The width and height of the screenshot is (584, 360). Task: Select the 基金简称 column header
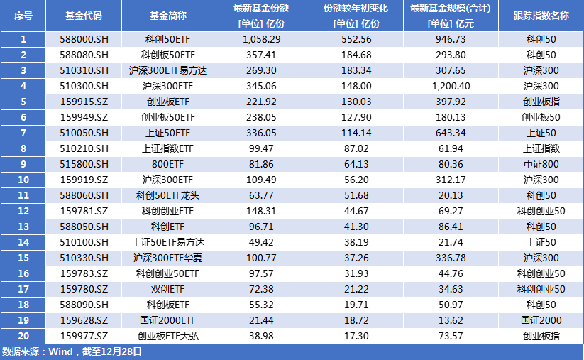[167, 15]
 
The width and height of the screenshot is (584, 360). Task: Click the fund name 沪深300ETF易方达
[167, 70]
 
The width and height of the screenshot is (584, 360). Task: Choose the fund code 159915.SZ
[83, 102]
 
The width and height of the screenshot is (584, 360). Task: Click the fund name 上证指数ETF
[167, 148]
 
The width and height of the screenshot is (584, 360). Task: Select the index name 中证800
[541, 164]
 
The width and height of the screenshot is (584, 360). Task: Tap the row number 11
[23, 195]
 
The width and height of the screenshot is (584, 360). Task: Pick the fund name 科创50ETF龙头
[167, 195]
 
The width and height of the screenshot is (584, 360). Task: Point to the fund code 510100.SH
[83, 242]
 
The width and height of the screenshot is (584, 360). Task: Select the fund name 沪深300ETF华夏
[167, 258]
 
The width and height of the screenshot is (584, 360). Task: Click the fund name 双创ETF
[167, 289]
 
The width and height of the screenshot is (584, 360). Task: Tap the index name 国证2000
[541, 320]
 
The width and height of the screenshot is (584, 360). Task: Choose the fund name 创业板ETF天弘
[167, 336]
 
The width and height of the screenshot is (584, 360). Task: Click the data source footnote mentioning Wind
[72, 351]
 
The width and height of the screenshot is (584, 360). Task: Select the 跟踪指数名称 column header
[541, 15]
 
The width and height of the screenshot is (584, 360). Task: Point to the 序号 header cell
[23, 15]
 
